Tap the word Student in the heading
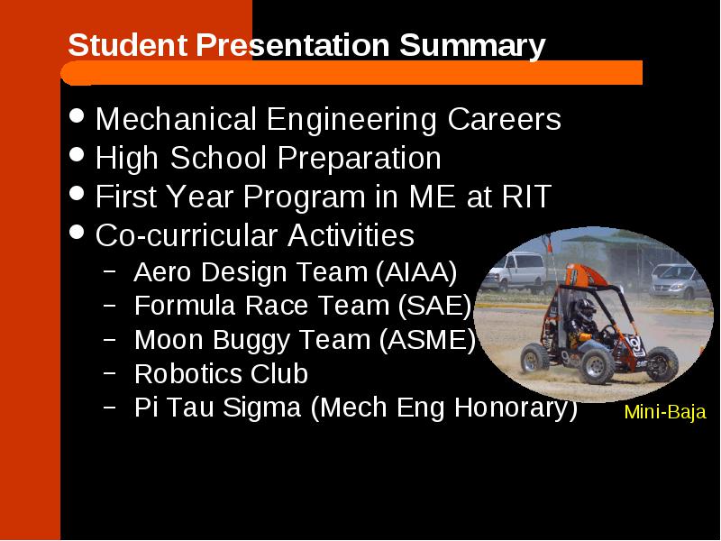[x=128, y=45]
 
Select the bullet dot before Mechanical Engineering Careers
[x=77, y=115]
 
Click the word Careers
[x=504, y=119]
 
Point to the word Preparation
[x=359, y=159]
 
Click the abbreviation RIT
[x=526, y=197]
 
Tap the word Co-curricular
[x=187, y=235]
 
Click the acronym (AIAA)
[x=416, y=272]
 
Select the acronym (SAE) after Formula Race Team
[x=434, y=306]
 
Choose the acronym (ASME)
[x=427, y=340]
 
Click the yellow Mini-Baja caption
[x=665, y=412]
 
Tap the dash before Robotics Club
[x=109, y=372]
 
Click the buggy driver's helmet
[x=584, y=308]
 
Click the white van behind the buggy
[x=513, y=272]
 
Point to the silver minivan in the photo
[x=679, y=280]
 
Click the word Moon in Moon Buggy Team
[x=169, y=340]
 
